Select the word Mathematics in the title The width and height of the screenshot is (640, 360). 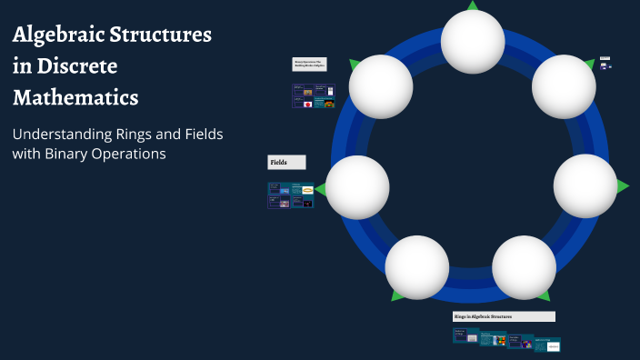tap(75, 96)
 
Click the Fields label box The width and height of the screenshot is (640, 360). tap(286, 162)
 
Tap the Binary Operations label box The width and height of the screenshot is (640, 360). tap(309, 65)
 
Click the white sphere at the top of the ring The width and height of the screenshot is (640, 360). tap(473, 41)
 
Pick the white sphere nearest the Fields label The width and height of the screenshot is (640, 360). tap(357, 186)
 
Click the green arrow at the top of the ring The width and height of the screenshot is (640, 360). tap(472, 5)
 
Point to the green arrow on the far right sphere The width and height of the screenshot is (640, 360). tap(623, 186)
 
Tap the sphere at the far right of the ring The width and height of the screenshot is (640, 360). tap(585, 186)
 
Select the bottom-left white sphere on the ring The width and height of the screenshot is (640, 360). tap(416, 267)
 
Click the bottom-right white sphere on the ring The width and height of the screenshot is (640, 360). tap(524, 267)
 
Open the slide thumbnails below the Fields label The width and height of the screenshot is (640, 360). tap(290, 195)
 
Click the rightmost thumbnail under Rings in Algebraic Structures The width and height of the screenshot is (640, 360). tap(548, 345)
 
